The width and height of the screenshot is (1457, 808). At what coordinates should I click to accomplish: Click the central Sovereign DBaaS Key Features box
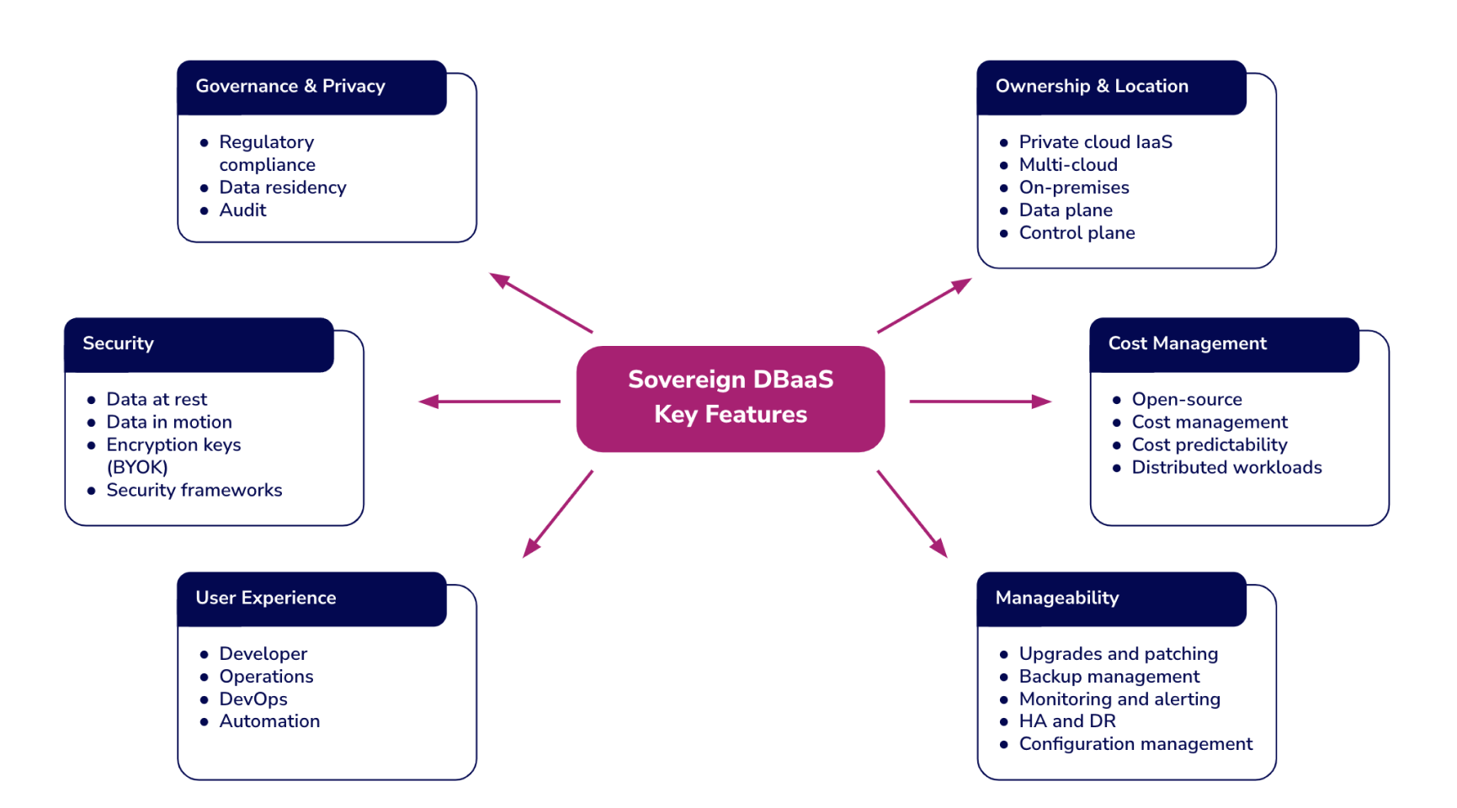coord(731,399)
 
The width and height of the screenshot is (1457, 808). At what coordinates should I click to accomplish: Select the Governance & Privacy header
coord(311,87)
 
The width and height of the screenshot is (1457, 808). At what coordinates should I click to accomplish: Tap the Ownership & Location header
coord(1111,87)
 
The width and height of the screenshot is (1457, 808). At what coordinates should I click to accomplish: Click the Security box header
coord(199,344)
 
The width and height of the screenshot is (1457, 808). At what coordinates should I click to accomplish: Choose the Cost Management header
coord(1224,344)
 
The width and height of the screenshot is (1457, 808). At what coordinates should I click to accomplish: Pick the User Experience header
coord(311,598)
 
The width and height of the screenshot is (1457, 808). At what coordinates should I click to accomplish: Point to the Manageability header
coord(1111,598)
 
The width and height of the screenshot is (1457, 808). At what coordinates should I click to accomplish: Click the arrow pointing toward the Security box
coord(490,401)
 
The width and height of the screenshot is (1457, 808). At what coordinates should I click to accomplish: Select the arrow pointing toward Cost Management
coord(981,401)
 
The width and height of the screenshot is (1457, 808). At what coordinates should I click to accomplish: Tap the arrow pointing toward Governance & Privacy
coord(541,303)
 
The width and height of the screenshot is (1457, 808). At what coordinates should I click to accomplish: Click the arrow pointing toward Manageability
coord(912,513)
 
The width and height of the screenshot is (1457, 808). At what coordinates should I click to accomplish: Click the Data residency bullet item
coord(283,188)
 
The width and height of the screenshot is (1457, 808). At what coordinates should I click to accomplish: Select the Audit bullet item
coord(242,210)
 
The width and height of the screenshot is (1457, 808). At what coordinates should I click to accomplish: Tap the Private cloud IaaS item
coord(1095,142)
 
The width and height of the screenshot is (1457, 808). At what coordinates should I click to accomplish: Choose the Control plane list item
coord(1077,233)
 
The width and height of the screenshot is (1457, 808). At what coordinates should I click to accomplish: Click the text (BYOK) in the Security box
coord(137,467)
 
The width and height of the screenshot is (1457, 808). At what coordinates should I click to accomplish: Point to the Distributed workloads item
coord(1226,468)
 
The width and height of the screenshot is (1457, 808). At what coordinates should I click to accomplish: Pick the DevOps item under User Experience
coord(253,699)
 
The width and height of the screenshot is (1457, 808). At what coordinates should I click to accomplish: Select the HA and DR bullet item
coord(1067,721)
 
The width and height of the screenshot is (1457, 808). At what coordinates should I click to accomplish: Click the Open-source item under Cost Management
coord(1187,400)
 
